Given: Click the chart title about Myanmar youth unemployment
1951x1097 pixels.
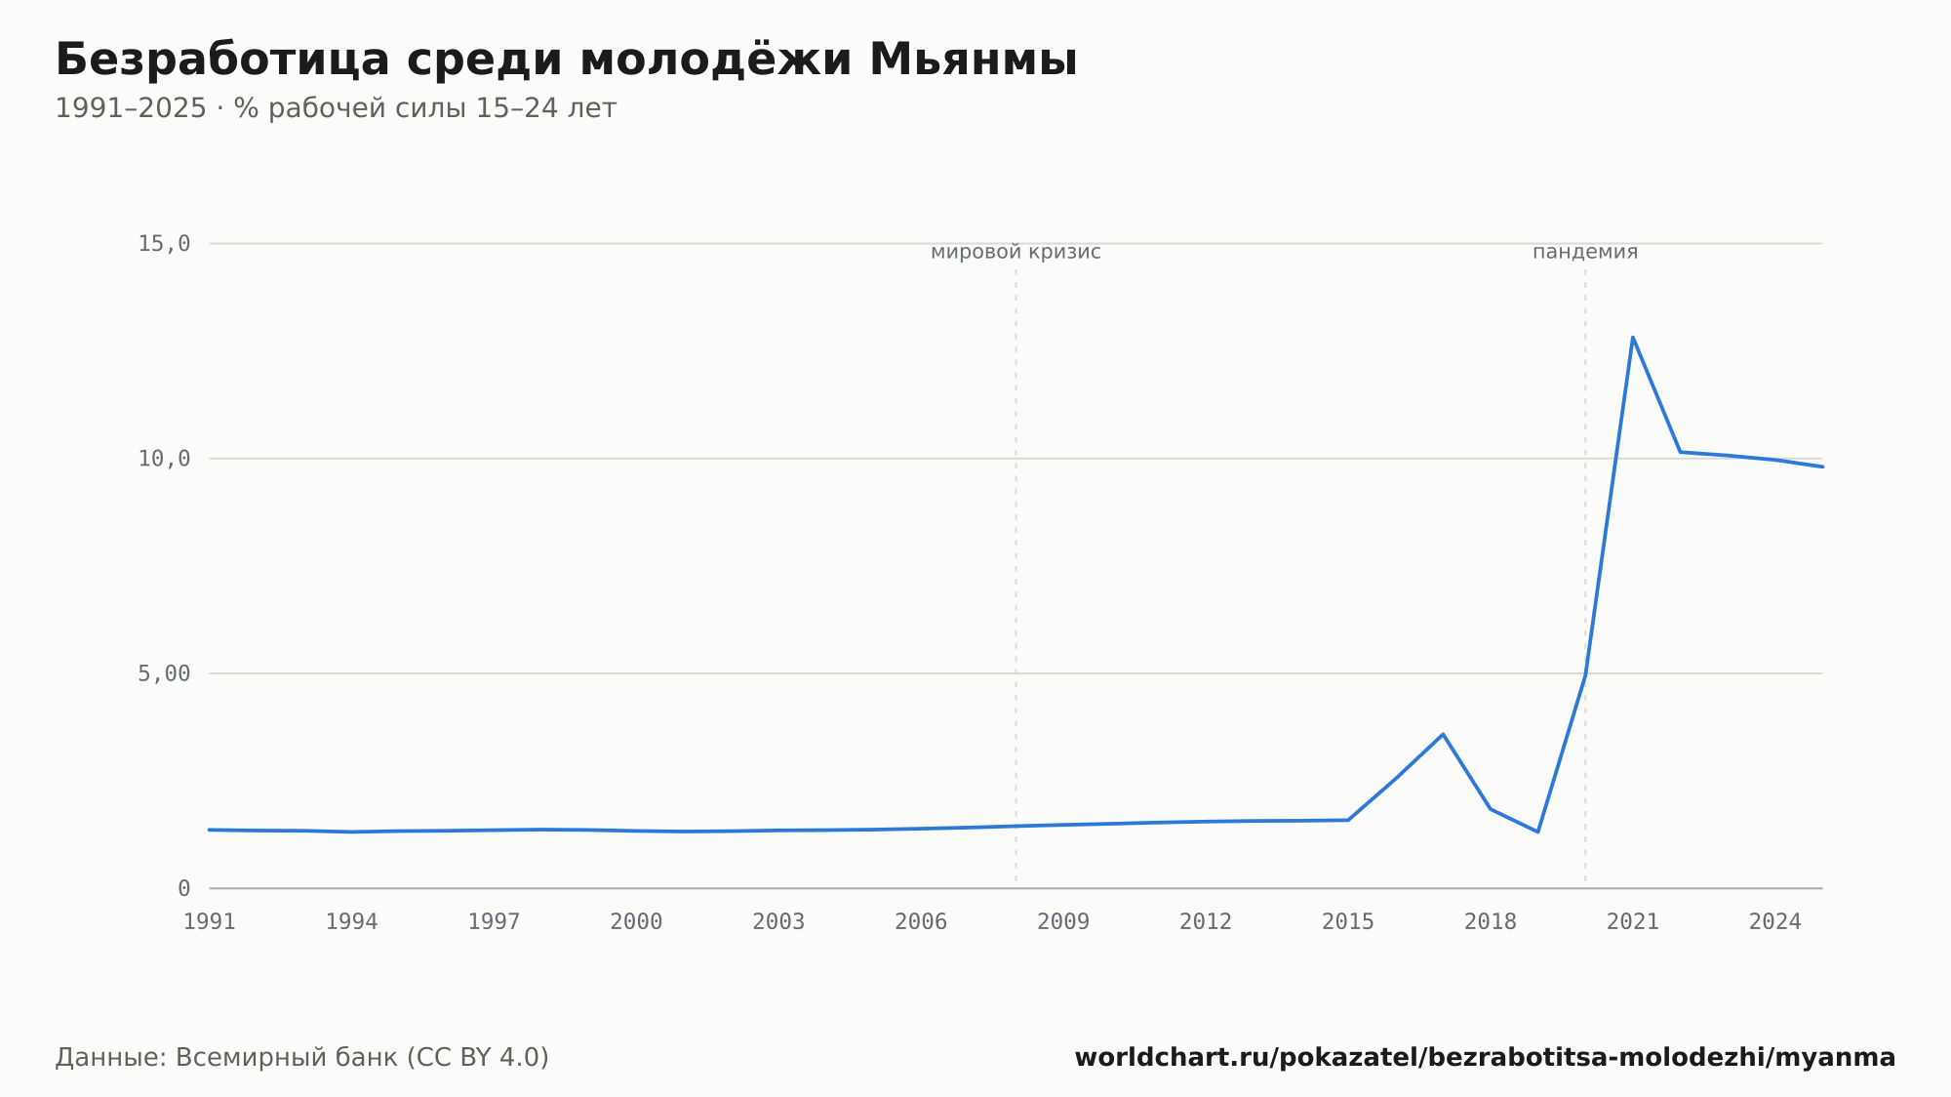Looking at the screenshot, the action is [566, 60].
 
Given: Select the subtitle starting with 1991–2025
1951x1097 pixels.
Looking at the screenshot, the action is [336, 108].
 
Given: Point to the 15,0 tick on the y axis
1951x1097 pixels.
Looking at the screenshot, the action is [164, 244].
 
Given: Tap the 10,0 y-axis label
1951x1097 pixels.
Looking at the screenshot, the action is [164, 459].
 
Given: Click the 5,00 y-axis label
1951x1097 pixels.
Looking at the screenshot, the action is [164, 673].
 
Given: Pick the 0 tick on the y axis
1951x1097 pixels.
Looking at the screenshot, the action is [183, 888].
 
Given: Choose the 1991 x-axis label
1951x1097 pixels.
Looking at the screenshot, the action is [210, 922].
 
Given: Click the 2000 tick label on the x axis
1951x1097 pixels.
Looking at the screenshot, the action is [636, 922].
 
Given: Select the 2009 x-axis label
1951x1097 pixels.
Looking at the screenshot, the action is [1063, 922].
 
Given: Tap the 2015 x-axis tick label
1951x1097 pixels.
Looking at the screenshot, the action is [1348, 922].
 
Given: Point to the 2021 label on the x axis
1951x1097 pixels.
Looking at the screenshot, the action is [1633, 922].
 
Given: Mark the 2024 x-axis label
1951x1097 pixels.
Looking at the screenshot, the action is [1775, 922].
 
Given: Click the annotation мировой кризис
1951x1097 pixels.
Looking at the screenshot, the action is [1015, 253].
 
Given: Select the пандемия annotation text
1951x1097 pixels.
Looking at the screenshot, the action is [1585, 253].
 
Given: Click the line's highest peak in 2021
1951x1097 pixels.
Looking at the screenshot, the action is [1632, 338].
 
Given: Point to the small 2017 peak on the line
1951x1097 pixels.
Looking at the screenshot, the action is [1443, 734].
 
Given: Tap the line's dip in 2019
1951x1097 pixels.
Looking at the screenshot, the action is [1537, 832].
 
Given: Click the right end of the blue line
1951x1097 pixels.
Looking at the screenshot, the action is [1822, 467].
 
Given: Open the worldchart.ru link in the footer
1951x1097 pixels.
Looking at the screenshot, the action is [1485, 1058].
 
